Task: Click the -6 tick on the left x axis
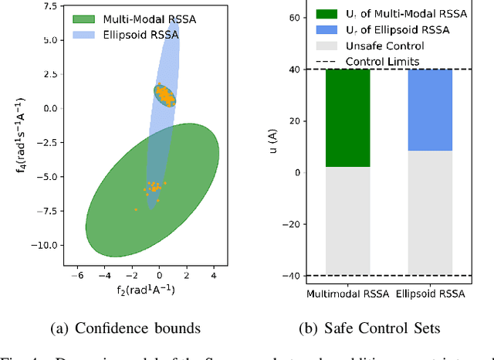[77, 274]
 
